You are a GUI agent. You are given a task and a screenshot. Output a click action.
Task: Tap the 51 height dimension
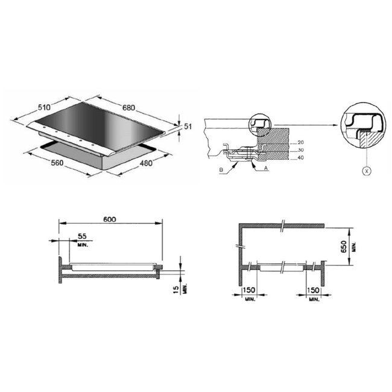(188, 126)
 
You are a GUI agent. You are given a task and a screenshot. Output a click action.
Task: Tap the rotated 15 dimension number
(176, 289)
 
